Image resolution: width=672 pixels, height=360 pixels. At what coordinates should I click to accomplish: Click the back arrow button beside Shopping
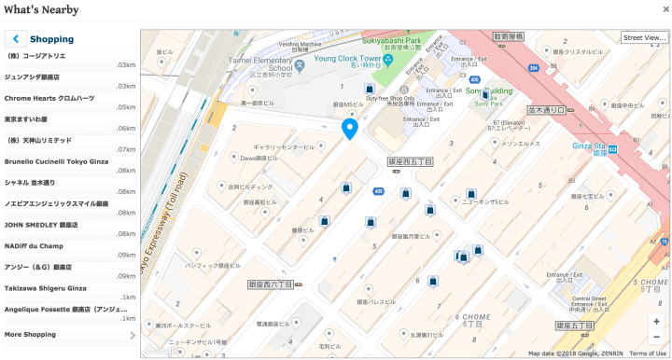point(15,39)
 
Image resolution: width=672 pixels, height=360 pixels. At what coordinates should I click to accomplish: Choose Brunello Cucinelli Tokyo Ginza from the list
point(56,161)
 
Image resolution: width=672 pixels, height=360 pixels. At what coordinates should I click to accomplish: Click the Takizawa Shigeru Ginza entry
point(45,288)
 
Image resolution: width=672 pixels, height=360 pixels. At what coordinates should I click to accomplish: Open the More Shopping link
point(30,334)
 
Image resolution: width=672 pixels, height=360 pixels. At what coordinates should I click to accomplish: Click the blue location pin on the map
point(350,129)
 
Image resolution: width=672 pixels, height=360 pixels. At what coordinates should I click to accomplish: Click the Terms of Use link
point(648,353)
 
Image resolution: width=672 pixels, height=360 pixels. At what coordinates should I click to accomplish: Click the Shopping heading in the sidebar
point(51,39)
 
